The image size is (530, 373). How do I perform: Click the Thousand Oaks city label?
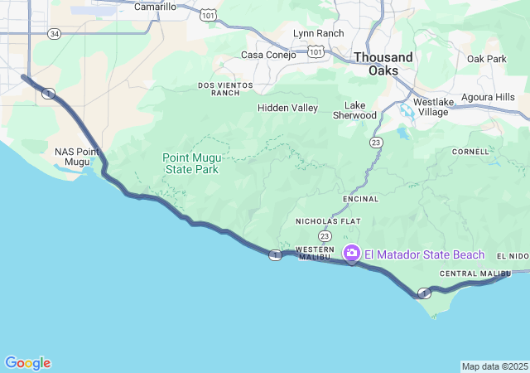[383, 64]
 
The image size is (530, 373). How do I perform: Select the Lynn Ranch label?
[318, 33]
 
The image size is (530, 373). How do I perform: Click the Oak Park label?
[486, 59]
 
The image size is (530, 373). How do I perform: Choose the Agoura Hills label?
[487, 97]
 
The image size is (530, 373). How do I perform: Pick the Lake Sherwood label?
[360, 110]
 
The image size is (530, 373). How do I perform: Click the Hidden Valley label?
[287, 108]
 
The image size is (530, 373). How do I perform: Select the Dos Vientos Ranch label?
[219, 89]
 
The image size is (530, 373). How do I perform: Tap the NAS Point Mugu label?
[77, 157]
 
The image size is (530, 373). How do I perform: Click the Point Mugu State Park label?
[190, 162]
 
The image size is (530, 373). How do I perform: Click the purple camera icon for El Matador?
[352, 253]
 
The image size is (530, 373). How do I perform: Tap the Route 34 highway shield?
[54, 33]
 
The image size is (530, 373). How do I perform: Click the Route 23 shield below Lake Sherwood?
[377, 143]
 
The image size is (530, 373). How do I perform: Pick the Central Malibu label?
[475, 274]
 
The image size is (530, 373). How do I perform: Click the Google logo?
[27, 363]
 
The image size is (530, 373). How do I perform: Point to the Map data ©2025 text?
[494, 366]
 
